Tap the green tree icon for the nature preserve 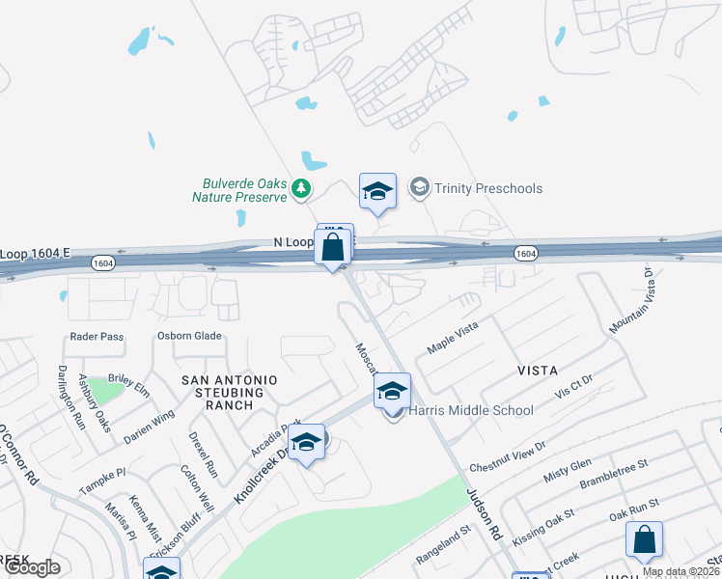(x=302, y=188)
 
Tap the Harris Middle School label (x=471, y=410)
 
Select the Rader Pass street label (x=97, y=337)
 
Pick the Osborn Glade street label (x=189, y=336)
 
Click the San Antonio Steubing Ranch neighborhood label (x=230, y=393)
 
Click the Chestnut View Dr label (x=508, y=456)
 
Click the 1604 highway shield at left (x=103, y=262)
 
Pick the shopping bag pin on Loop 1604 (x=332, y=247)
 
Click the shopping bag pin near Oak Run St (x=644, y=540)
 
